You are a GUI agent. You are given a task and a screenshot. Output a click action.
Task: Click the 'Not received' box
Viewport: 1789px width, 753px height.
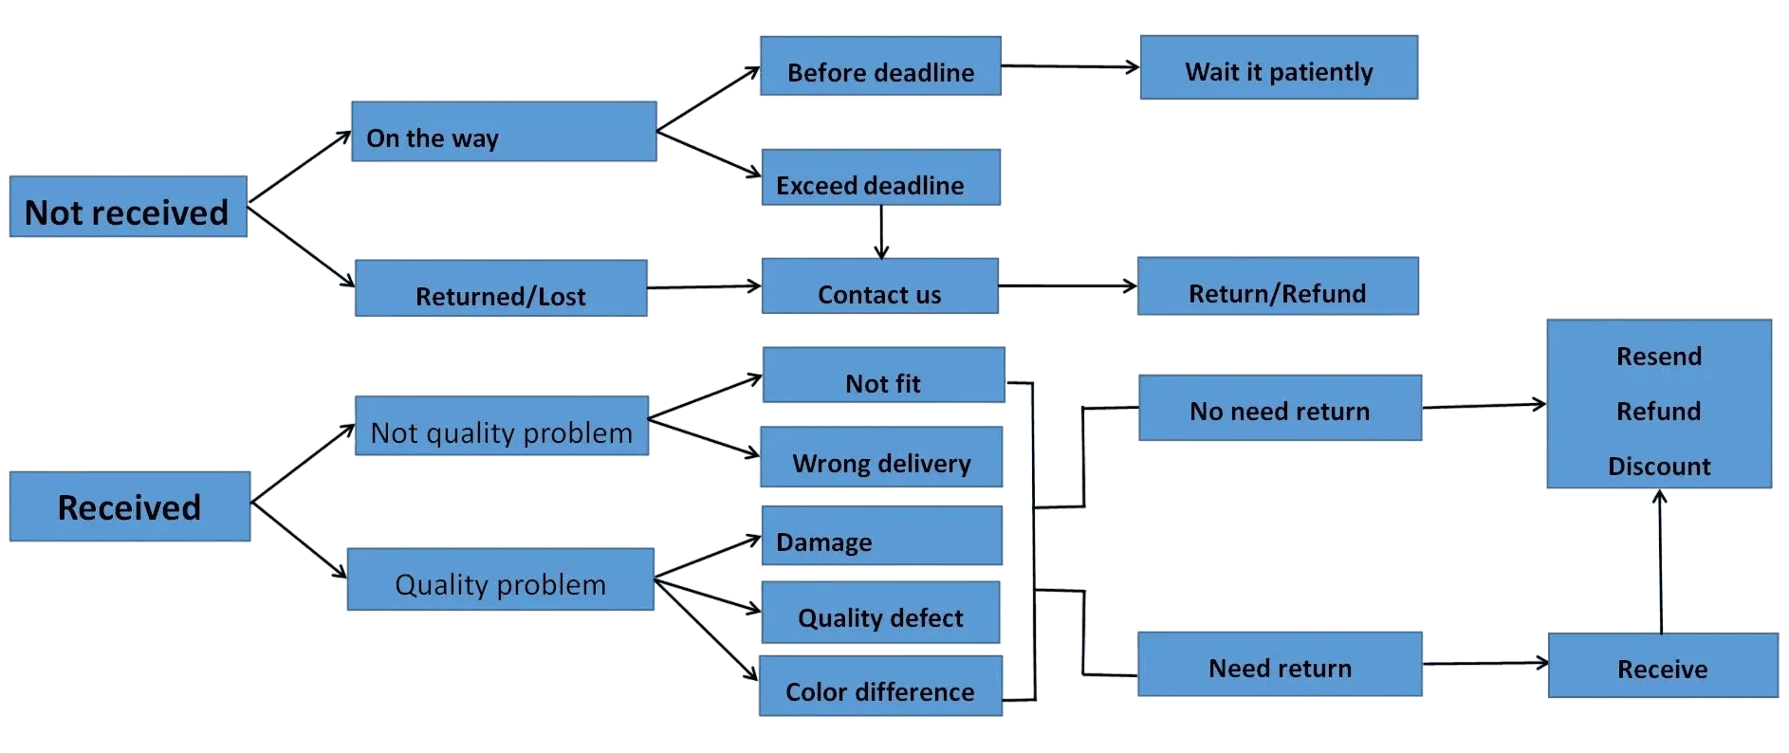point(128,206)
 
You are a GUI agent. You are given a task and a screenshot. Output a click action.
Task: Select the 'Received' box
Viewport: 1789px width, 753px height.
point(130,506)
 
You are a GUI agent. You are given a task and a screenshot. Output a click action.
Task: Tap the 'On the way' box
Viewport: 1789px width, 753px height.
point(504,131)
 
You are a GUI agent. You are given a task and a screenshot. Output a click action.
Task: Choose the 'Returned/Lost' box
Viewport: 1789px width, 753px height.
point(501,287)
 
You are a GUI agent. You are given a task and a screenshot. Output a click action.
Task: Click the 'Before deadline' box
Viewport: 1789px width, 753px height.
point(880,65)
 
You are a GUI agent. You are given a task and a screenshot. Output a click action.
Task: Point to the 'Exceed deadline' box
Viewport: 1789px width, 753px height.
point(880,176)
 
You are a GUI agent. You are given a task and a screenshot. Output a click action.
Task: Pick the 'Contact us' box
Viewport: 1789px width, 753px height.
point(879,285)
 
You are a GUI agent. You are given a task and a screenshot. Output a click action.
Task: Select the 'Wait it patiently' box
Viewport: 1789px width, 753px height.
point(1279,67)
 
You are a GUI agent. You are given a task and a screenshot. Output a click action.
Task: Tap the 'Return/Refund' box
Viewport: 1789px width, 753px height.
point(1278,285)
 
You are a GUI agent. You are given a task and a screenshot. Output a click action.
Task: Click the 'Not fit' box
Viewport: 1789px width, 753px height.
point(883,375)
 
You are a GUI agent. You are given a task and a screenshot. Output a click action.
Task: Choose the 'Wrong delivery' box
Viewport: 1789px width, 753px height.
point(881,456)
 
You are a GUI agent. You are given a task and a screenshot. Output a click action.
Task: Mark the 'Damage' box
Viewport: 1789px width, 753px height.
point(881,535)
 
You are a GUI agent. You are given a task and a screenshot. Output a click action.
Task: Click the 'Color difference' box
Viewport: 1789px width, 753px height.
point(880,686)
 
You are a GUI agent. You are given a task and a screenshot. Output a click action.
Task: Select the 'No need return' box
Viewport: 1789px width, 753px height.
point(1280,408)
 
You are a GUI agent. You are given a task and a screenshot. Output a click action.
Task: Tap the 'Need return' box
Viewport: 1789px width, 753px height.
point(1280,664)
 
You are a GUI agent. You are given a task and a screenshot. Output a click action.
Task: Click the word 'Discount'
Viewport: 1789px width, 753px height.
point(1659,466)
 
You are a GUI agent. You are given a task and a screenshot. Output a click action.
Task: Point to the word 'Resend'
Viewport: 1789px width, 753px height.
point(1659,356)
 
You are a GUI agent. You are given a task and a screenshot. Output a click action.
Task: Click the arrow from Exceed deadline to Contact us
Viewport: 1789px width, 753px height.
point(881,231)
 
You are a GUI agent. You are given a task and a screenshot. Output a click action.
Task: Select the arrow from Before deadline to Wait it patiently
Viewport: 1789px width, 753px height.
point(1070,66)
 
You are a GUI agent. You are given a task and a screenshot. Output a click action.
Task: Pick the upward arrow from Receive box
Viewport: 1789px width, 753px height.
point(1660,561)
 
